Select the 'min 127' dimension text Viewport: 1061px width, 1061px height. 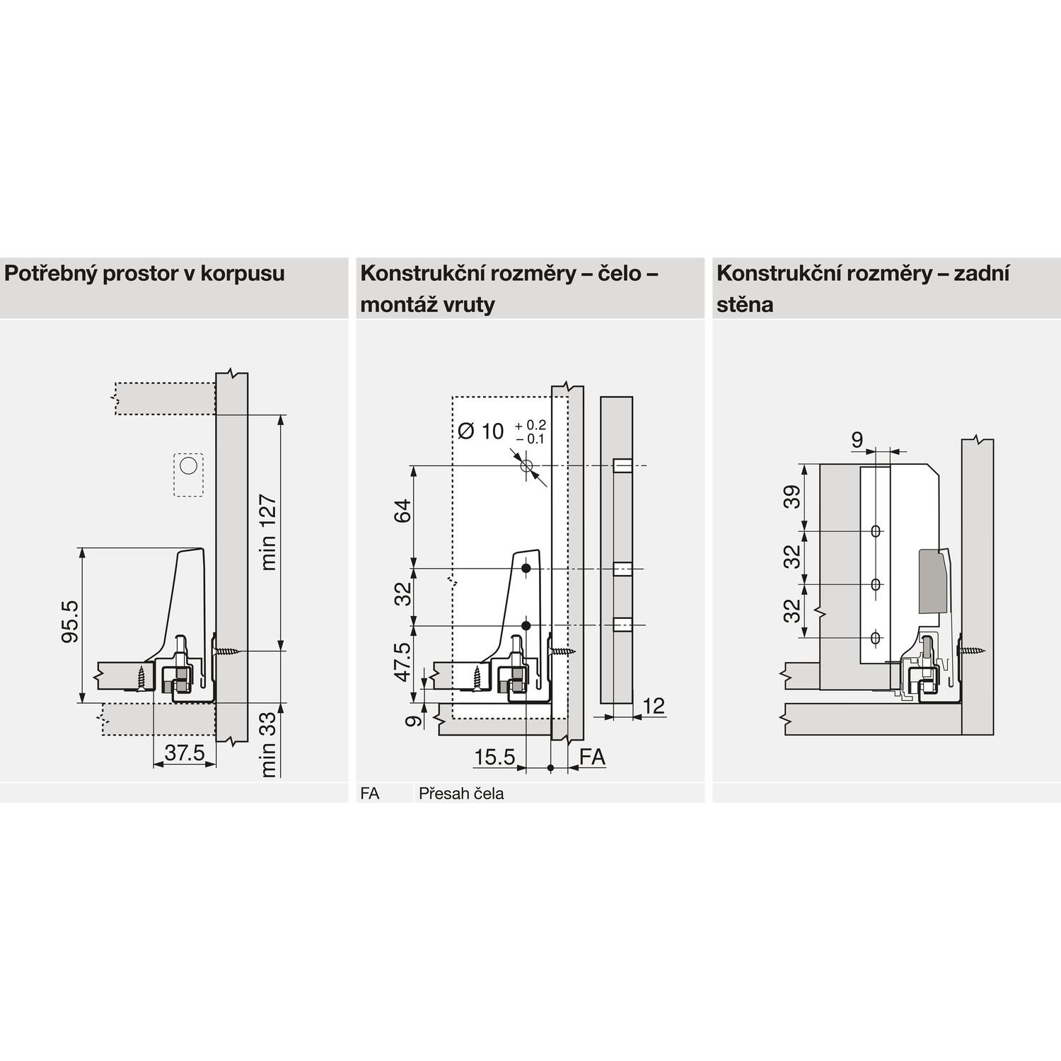(268, 532)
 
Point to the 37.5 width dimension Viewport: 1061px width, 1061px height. (184, 754)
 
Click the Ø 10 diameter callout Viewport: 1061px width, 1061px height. (481, 431)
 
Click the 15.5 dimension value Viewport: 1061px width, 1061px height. (494, 758)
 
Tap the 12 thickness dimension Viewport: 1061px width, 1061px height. (654, 705)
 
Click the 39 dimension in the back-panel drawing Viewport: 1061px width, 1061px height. (794, 496)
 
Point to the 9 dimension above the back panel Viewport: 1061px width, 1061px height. (857, 441)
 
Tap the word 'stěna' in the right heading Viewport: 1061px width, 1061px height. (745, 305)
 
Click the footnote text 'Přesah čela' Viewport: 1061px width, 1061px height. (461, 794)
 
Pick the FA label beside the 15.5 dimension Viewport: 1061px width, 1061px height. (592, 758)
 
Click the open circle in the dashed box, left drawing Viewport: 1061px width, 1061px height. (188, 466)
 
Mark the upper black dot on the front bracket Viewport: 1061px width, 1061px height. (526, 569)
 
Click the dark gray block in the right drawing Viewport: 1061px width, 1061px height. (933, 581)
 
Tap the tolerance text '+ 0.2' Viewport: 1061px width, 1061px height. (531, 425)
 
